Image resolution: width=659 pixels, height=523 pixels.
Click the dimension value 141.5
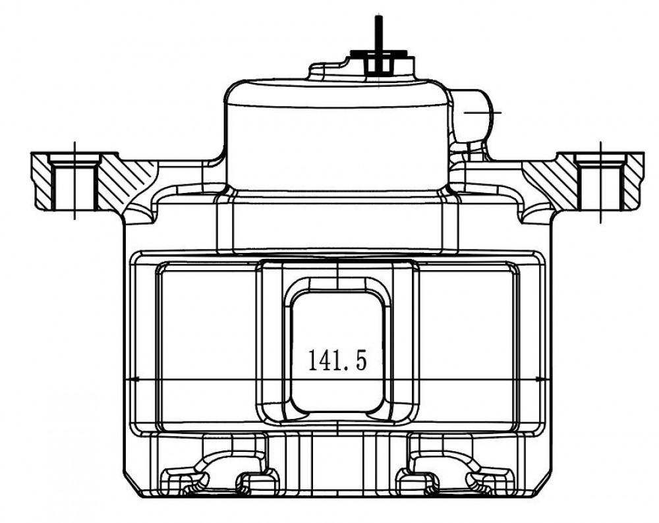click(337, 360)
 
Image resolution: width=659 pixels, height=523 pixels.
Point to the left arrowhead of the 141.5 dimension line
click(133, 379)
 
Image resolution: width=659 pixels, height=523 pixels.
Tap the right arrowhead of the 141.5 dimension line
click(541, 379)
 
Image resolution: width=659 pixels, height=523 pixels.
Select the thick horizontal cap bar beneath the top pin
click(379, 53)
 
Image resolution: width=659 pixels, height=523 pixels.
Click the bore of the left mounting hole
click(74, 187)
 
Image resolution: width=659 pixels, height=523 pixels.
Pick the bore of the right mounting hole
click(600, 187)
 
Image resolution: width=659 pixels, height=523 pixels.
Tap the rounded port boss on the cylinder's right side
click(473, 114)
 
